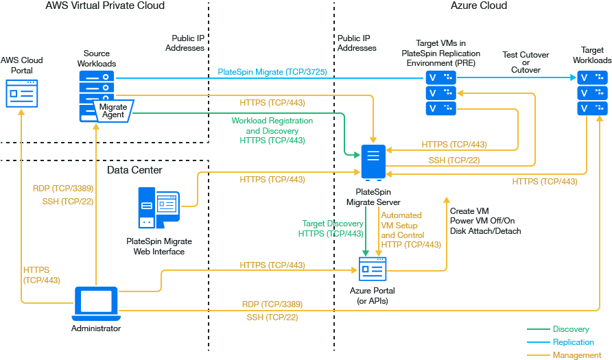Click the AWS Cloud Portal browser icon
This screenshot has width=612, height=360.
point(22,93)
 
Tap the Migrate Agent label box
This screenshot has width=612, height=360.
point(113,110)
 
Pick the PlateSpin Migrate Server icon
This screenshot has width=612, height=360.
point(373,163)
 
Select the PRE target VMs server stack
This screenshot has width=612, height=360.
point(440,93)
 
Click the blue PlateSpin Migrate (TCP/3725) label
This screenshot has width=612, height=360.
point(272,72)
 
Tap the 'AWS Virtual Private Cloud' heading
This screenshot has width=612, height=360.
point(105,6)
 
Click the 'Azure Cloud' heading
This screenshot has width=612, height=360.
point(479,6)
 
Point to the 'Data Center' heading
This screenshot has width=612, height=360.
point(134,170)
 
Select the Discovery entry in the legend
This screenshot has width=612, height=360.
point(570,330)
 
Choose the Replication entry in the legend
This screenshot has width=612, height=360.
point(573,342)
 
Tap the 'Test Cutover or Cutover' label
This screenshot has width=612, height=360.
point(526,62)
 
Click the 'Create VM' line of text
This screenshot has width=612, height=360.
point(469,211)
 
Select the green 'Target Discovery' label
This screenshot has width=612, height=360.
point(333,224)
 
